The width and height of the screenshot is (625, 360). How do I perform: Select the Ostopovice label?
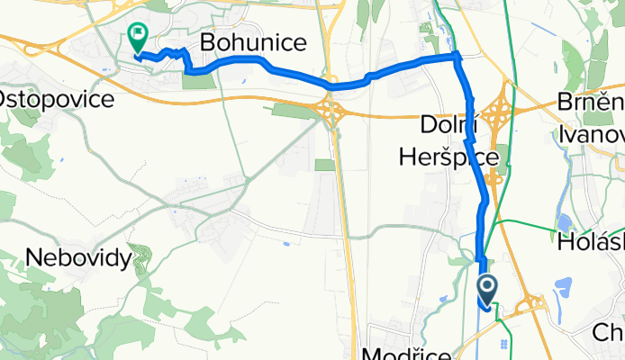point(58,99)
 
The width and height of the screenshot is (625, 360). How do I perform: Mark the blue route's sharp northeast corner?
point(457,57)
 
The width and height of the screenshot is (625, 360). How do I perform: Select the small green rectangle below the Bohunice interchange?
point(324,165)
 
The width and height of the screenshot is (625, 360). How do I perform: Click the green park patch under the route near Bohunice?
point(199,80)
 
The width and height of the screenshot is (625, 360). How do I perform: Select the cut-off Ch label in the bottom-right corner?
point(609,333)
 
